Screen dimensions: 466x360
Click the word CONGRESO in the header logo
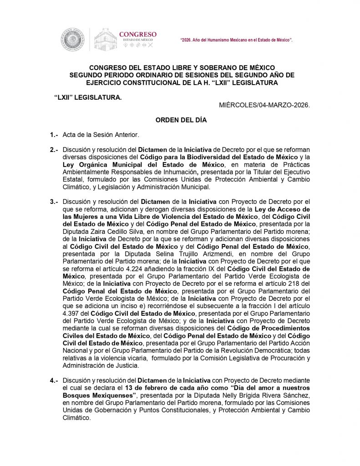coord(137,34)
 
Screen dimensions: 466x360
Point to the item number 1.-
coord(55,135)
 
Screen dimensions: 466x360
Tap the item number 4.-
coord(55,380)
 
